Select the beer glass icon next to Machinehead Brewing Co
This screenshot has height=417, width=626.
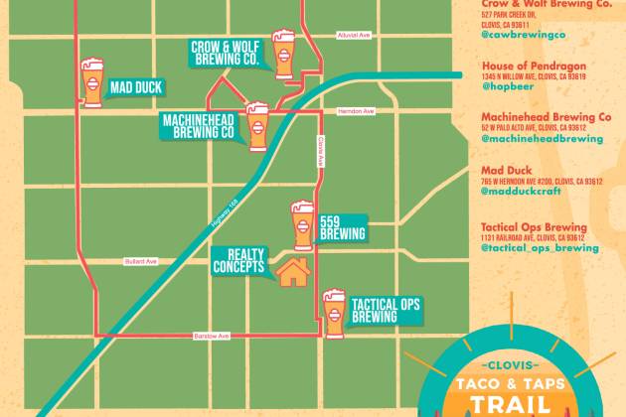[x=257, y=124]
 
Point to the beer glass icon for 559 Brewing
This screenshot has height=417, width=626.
[x=302, y=225]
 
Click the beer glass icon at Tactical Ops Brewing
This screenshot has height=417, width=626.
[x=334, y=312]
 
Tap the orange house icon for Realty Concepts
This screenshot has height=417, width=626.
[x=292, y=270]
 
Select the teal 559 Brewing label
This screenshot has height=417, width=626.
[x=342, y=228]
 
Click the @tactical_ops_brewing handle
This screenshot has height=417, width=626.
[x=540, y=248]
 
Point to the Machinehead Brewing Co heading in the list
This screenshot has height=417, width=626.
[x=547, y=116]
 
